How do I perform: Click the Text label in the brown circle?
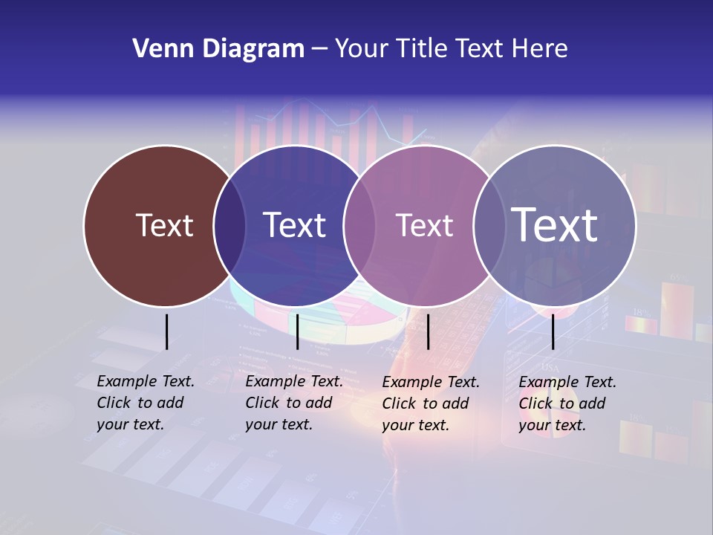point(164,225)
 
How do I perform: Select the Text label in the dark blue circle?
point(295,225)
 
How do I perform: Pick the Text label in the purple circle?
point(425,225)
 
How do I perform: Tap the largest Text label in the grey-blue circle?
point(555,224)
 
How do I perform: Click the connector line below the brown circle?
point(166,331)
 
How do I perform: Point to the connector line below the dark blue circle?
point(297,331)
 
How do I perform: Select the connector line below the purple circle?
point(428,331)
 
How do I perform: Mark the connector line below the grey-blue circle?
point(553,331)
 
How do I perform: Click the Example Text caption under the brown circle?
point(146,403)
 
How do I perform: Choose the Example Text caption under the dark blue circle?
point(294,403)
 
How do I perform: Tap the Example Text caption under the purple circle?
point(431,403)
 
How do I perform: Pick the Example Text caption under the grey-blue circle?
point(567,403)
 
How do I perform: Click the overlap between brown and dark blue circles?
point(229,225)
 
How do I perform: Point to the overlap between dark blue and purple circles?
point(359,225)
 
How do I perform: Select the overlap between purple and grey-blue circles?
point(489,225)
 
